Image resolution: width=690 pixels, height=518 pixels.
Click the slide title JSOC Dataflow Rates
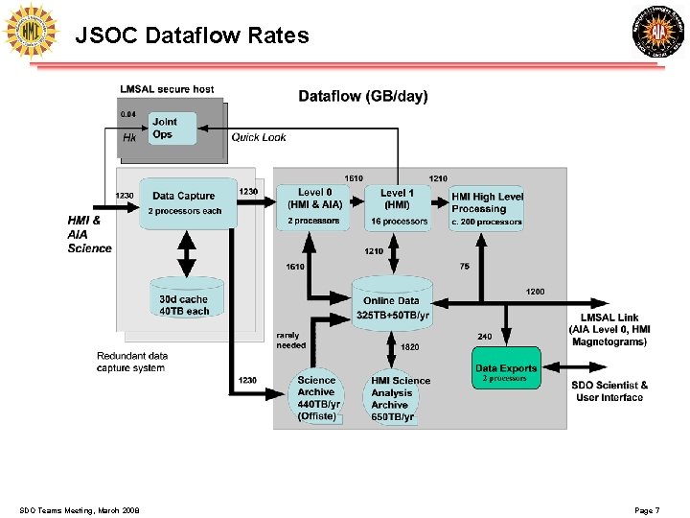[192, 36]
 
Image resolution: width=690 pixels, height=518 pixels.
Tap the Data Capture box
[189, 202]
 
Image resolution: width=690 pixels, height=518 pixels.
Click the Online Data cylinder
[391, 305]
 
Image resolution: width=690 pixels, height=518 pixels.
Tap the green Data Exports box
[506, 369]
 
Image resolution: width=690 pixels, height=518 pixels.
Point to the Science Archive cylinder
[316, 396]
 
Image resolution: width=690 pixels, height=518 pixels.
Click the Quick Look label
[259, 137]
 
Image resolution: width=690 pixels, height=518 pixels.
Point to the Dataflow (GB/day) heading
[363, 96]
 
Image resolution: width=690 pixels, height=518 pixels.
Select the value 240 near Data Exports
[485, 337]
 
